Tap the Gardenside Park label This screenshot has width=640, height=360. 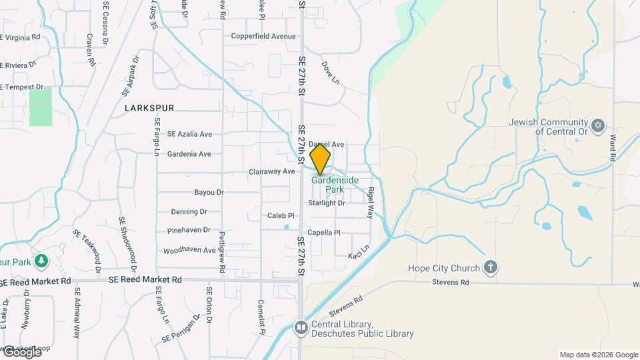coord(335,185)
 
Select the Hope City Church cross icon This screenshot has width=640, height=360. coord(490,268)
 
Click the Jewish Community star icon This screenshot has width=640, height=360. coord(598,125)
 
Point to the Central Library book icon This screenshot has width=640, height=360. coord(301,328)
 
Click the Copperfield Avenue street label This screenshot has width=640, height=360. coord(263,37)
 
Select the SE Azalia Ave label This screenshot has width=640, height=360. coord(189,134)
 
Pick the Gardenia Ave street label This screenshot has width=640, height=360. coord(189,154)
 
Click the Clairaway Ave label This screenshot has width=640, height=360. coord(271,171)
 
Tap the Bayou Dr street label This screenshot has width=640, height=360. coord(209,192)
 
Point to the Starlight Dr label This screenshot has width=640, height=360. coord(327,203)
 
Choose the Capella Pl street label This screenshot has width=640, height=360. coord(323,233)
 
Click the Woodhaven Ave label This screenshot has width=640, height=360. coord(189,251)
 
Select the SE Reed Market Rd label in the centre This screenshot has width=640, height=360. coord(145,280)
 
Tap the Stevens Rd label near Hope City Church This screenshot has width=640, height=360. coord(455,283)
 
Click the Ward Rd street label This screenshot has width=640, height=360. coord(612,148)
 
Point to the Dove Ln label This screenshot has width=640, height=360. coord(331,73)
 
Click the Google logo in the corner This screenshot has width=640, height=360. coord(21,352)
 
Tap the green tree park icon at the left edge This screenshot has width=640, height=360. coord(42,260)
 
